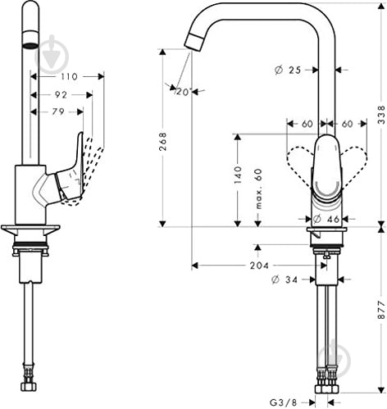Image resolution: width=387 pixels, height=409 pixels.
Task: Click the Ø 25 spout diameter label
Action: pyautogui.click(x=288, y=70)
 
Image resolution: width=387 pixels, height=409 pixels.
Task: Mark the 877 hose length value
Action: pyautogui.click(x=379, y=313)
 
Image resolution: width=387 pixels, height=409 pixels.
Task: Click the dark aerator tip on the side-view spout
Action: pyautogui.click(x=29, y=44)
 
